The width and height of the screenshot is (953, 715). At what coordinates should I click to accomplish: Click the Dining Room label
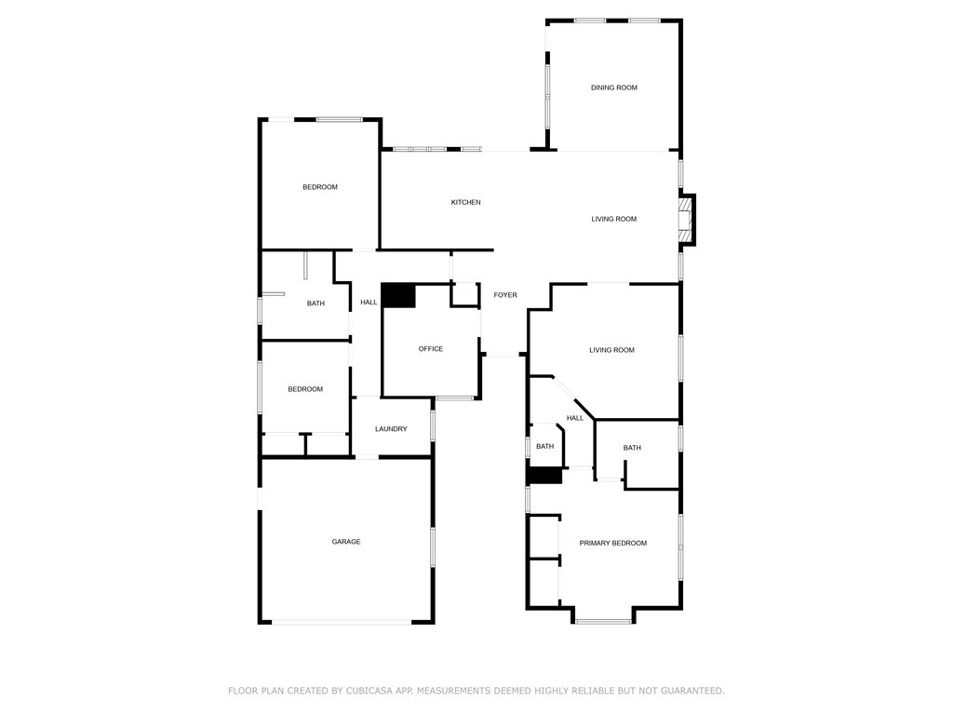[x=613, y=88]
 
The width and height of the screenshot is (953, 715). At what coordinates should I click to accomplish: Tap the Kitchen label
[x=465, y=202]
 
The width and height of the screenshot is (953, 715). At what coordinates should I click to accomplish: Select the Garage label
[x=346, y=542]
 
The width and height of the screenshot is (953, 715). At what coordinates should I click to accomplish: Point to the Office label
[x=430, y=349]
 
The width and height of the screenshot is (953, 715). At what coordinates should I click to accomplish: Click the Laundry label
[x=391, y=429]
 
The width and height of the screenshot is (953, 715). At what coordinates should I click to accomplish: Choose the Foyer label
[x=505, y=295]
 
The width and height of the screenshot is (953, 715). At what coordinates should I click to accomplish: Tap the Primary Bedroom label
[x=612, y=543]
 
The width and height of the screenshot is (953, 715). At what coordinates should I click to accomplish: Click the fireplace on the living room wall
[x=687, y=220]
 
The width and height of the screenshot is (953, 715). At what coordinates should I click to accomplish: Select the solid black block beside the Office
[x=398, y=296]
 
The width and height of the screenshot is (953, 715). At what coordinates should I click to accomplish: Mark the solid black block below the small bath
[x=545, y=476]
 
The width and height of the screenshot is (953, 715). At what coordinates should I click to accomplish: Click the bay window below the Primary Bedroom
[x=603, y=621]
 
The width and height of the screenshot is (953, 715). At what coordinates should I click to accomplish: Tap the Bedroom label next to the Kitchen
[x=320, y=187]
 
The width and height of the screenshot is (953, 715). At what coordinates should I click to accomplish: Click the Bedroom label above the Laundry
[x=305, y=389]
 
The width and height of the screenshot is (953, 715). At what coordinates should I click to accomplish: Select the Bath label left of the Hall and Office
[x=315, y=304]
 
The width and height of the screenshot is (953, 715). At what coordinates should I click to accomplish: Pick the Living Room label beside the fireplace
[x=613, y=220]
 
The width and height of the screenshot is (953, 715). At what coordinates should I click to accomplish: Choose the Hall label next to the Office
[x=369, y=302]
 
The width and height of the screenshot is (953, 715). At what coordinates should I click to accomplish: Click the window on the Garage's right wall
[x=432, y=546]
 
